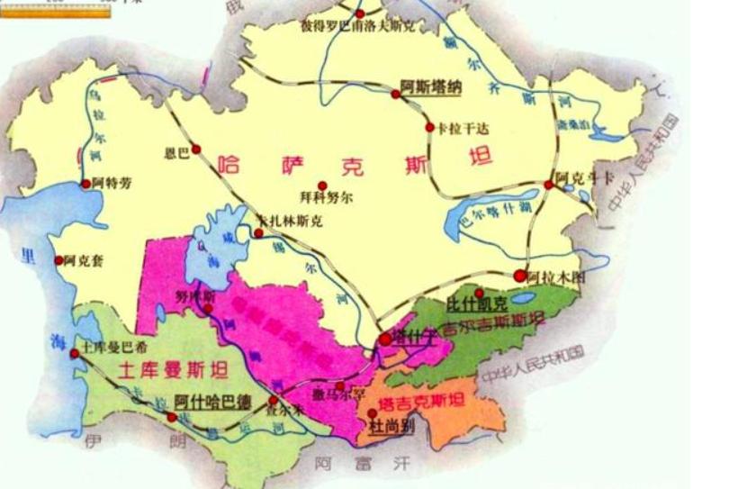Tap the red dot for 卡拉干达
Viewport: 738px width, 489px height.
430,127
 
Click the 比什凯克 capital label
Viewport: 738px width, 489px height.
478,306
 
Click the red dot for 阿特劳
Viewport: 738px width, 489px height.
86,183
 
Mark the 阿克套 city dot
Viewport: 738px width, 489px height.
59,260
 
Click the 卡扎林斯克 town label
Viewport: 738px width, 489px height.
289,220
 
